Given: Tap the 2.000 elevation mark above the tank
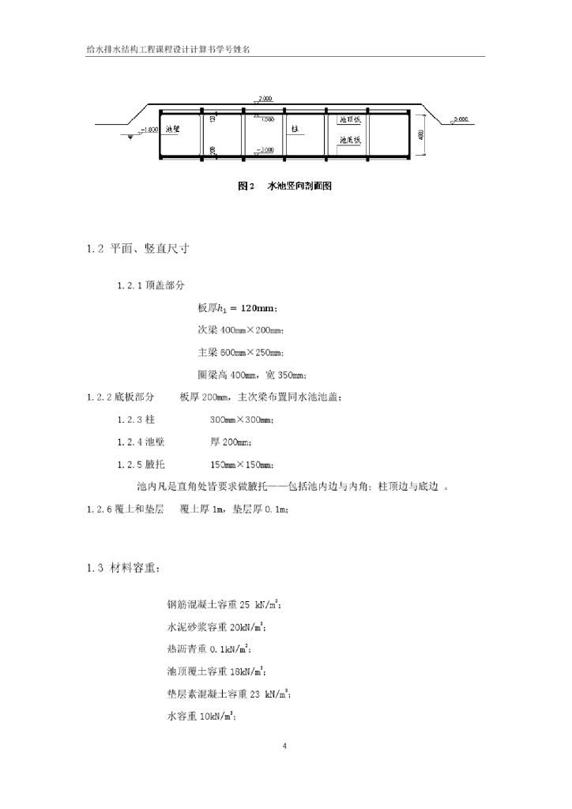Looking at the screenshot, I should pos(264,98).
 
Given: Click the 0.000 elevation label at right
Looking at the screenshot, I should pos(461,119).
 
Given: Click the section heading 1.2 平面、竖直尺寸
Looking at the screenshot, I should pos(138,249).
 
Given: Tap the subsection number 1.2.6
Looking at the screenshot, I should pos(102,509).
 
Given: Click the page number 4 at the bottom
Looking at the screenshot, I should pos(286,745).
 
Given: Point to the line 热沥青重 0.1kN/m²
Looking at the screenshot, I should pos(210,650).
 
